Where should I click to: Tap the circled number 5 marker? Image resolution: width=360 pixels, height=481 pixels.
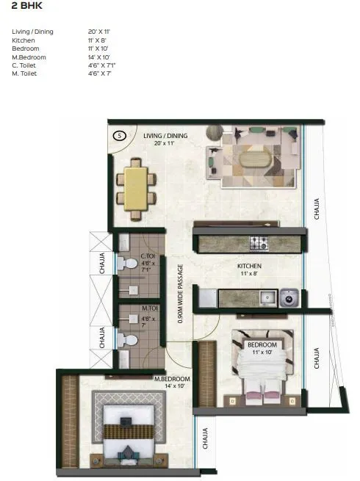120,136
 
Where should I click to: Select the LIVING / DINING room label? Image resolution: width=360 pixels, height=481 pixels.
165,137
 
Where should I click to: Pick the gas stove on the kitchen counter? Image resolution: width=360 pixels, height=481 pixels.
259,242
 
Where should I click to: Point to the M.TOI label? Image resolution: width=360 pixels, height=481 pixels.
149,308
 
